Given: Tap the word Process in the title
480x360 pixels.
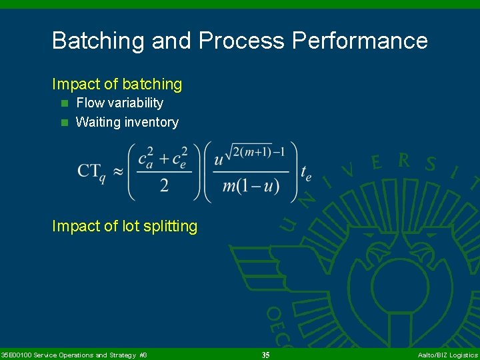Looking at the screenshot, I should point(241,41).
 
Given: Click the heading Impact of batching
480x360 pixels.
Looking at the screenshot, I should point(117,85).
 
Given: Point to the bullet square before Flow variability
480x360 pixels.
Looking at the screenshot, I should point(65,103).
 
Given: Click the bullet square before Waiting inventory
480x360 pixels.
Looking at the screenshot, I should point(65,123).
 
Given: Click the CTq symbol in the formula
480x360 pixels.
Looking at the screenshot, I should point(91,171).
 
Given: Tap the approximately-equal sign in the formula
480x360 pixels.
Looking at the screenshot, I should point(117,171).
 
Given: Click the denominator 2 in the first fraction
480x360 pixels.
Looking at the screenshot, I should point(164,185).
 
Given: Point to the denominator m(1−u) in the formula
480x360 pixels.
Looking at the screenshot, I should point(251,186).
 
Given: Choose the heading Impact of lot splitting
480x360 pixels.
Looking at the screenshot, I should point(125,227).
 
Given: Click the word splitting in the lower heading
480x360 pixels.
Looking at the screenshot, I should point(170,227).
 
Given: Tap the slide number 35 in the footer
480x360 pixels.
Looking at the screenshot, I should point(265,355).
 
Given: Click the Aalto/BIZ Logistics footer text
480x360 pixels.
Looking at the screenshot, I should point(447,355).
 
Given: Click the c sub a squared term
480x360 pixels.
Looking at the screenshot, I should point(146,159).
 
